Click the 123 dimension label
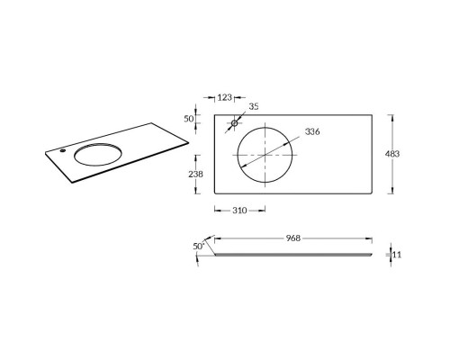coord(225,97)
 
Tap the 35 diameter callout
coord(254,106)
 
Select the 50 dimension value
coord(189,119)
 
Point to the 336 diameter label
coord(312,131)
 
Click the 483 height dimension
coord(392,154)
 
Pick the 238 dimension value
coord(195,174)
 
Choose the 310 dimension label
coord(239,211)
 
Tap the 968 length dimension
coord(292,238)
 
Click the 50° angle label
coord(199,247)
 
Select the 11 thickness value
coord(397,255)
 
